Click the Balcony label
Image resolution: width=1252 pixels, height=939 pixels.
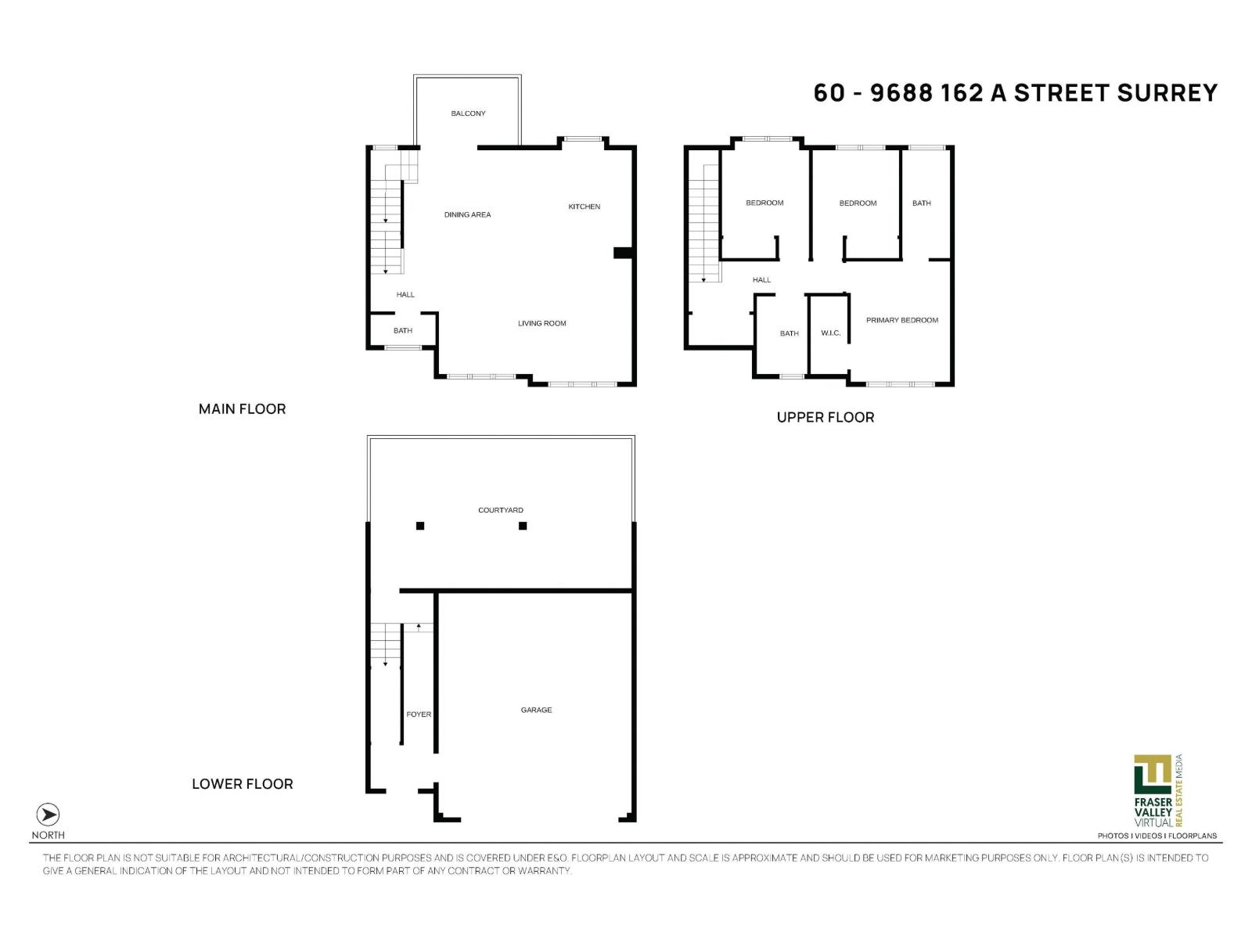coord(468,113)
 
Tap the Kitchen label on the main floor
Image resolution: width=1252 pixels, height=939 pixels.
coord(584,207)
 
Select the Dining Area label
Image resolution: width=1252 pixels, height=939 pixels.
coord(467,214)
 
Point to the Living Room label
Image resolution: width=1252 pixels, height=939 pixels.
coord(541,323)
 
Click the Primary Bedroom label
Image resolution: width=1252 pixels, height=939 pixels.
coord(901,320)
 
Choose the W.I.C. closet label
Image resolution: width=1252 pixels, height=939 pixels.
coord(830,333)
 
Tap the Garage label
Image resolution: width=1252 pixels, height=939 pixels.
coord(536,710)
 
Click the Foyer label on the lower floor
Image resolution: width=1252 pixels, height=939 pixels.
coord(419,714)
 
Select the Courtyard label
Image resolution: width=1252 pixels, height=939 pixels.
coord(501,510)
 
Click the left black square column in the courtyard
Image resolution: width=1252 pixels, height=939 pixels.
coord(420,526)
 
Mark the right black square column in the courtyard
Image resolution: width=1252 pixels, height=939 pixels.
coord(523,526)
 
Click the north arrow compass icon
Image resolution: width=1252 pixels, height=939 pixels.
coord(48,815)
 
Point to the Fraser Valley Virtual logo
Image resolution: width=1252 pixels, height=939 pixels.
coord(1154,790)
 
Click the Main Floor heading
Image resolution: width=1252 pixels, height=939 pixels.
coord(242,408)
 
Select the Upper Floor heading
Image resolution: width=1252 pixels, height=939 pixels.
coord(826,417)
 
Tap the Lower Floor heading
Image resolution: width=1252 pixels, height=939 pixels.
coord(242,784)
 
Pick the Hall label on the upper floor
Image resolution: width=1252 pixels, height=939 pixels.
coord(761,279)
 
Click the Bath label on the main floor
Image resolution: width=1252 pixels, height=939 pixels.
coord(403,331)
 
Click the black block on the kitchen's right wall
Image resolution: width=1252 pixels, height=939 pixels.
coord(622,252)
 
